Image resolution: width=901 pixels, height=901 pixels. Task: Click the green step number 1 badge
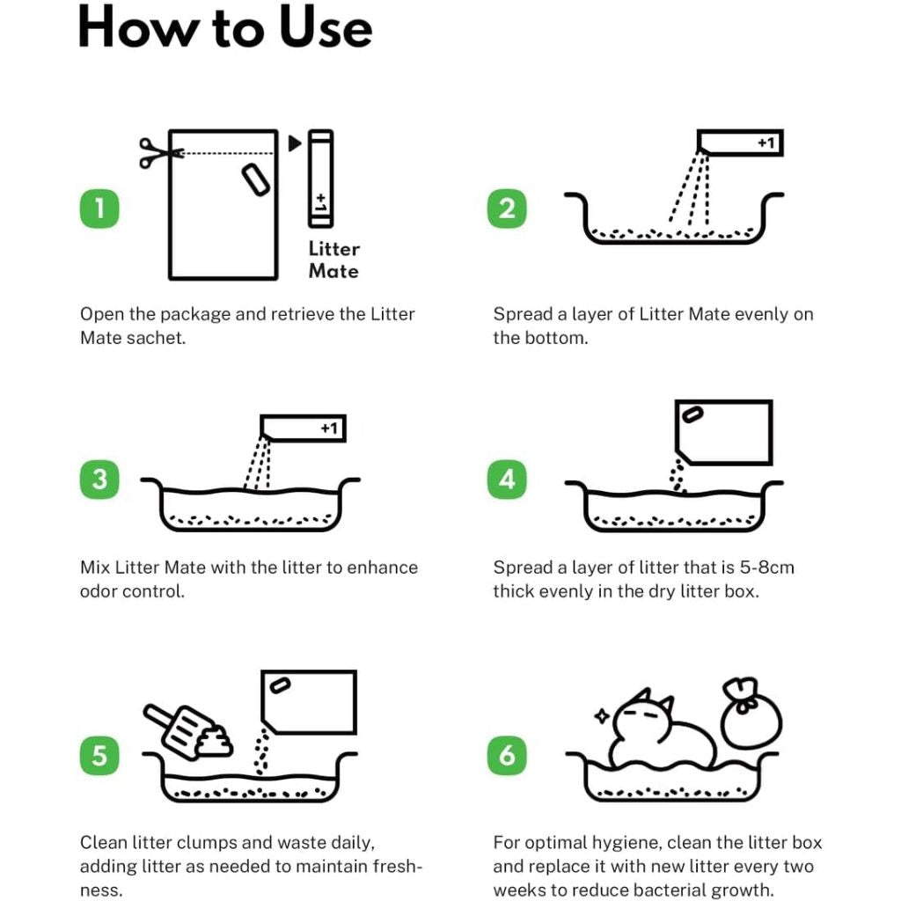tap(99, 208)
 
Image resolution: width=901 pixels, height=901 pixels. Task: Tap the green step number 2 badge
tap(507, 208)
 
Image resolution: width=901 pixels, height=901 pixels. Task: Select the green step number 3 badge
tap(99, 480)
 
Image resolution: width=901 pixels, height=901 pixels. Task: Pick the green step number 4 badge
tap(507, 480)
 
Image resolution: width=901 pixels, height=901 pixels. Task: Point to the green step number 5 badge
tap(99, 756)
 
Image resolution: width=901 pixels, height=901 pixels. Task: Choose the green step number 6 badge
tap(507, 756)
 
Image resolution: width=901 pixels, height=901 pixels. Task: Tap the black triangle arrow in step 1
tap(295, 143)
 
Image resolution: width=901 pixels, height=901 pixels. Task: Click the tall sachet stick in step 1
tap(320, 179)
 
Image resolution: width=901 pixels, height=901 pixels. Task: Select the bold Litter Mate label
tap(333, 260)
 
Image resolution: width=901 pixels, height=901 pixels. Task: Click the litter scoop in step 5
tap(179, 728)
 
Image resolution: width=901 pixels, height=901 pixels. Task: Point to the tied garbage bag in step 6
tap(751, 714)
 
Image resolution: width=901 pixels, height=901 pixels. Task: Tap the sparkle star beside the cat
tap(602, 716)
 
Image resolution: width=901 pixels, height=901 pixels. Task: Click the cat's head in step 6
tap(643, 715)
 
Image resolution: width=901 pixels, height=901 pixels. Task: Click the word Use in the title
tap(326, 27)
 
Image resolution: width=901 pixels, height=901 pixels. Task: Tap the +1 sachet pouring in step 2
tap(740, 143)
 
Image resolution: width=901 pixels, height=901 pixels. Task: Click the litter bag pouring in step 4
tap(724, 432)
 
